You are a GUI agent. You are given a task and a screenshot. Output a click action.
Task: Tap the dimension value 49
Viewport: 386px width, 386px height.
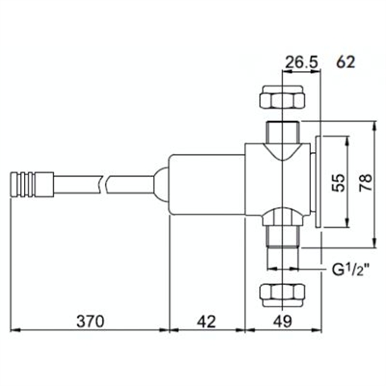pos(283,319)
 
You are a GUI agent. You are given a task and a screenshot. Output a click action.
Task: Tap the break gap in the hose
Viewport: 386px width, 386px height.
pos(107,183)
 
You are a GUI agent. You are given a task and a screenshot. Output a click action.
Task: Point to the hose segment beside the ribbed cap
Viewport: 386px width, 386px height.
pos(73,183)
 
